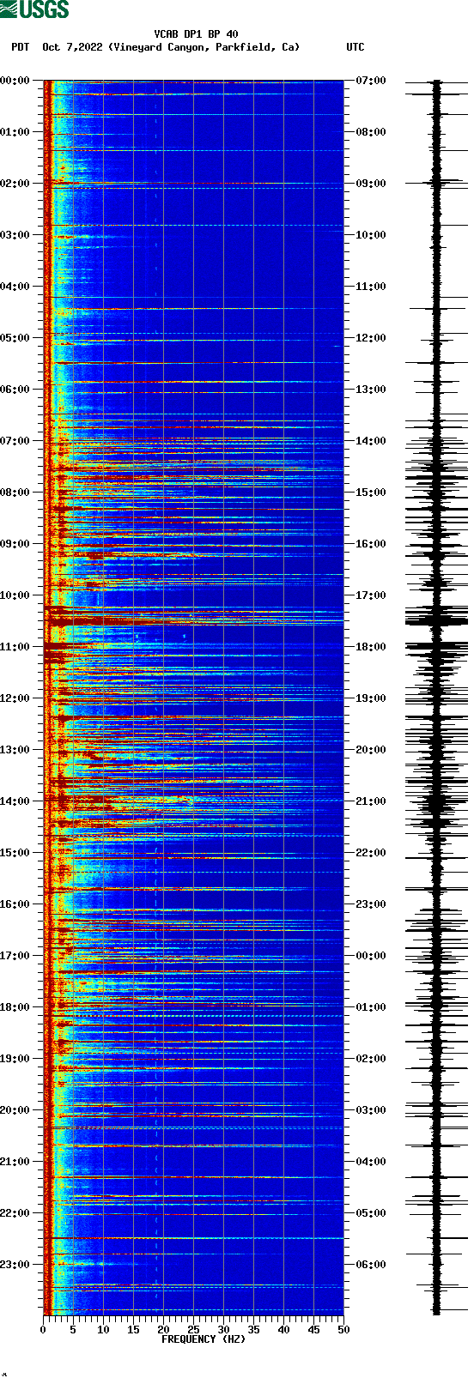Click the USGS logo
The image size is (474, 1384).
[34, 9]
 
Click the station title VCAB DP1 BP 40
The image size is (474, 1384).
[196, 34]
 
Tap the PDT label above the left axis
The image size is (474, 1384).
[20, 47]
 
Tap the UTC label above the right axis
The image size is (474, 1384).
[355, 47]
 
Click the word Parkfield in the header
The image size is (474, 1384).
[249, 47]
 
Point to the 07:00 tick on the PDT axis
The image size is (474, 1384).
[15, 441]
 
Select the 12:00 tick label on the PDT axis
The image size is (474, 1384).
[15, 698]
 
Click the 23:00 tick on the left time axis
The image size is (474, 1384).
[15, 1265]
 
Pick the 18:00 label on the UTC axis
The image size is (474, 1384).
[370, 647]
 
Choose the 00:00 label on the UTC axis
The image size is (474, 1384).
[370, 956]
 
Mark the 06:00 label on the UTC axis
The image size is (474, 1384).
[370, 1265]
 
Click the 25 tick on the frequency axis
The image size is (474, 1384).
[193, 1330]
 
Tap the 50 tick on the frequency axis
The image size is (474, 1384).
[343, 1330]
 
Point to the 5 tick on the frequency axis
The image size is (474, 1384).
[73, 1330]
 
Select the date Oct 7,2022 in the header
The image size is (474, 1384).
[73, 47]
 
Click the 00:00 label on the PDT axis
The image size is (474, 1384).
[15, 81]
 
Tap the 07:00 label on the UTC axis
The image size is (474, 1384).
[370, 81]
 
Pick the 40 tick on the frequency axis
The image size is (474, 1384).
[283, 1330]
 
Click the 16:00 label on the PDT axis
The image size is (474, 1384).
[15, 904]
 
